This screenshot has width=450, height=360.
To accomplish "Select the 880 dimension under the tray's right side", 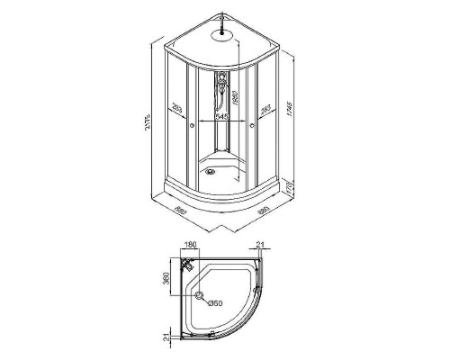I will [265, 213].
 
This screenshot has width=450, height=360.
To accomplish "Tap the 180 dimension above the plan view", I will [189, 245].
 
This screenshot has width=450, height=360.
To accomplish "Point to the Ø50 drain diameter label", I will [216, 301].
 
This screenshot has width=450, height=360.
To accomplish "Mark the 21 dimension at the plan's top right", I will [260, 245].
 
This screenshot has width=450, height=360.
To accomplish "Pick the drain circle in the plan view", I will [198, 297].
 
